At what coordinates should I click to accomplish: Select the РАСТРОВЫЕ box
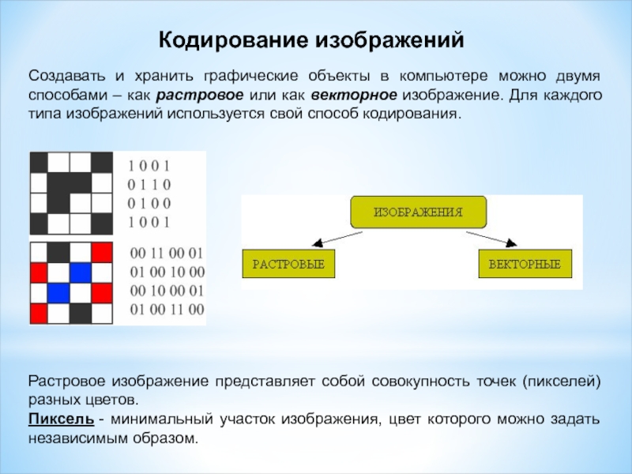[x=288, y=263]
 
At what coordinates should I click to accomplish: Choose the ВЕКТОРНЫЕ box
[x=525, y=263]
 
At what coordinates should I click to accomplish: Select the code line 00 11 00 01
[x=166, y=254]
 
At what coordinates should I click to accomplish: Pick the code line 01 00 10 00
[x=166, y=272]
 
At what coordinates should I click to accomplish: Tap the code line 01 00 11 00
[x=166, y=308]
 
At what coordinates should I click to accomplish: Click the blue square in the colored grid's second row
[x=79, y=273]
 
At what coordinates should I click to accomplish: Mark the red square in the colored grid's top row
[x=101, y=253]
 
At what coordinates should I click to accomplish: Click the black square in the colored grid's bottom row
[x=79, y=313]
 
